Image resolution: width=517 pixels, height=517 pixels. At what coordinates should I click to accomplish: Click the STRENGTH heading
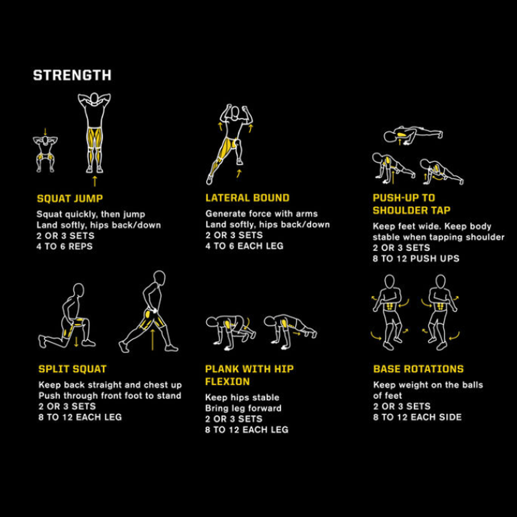click(x=72, y=75)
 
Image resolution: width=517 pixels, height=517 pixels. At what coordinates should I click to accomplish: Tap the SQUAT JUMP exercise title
click(x=70, y=199)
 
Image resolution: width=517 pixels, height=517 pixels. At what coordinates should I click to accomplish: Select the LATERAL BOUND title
click(x=247, y=198)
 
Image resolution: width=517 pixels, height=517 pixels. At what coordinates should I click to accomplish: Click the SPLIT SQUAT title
click(x=72, y=369)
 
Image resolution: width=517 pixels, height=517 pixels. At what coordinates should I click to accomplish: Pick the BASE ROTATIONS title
click(x=418, y=369)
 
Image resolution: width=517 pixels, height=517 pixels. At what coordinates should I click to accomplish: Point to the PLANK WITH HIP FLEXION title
click(x=249, y=375)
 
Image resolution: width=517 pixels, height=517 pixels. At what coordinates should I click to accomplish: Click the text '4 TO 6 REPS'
click(x=65, y=247)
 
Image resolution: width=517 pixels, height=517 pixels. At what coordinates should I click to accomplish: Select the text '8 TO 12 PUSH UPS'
click(x=416, y=258)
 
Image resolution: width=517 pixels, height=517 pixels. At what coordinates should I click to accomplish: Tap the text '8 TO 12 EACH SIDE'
click(x=417, y=417)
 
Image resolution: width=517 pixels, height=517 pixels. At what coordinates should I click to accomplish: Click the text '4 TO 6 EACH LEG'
click(x=244, y=246)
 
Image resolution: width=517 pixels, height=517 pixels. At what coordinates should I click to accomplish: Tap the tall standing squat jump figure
click(x=94, y=133)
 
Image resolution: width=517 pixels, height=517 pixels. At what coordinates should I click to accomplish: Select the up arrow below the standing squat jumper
click(x=94, y=180)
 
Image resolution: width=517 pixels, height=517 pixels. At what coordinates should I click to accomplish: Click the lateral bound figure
click(x=232, y=142)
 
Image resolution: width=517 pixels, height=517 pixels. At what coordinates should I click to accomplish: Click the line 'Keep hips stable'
click(x=242, y=398)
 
